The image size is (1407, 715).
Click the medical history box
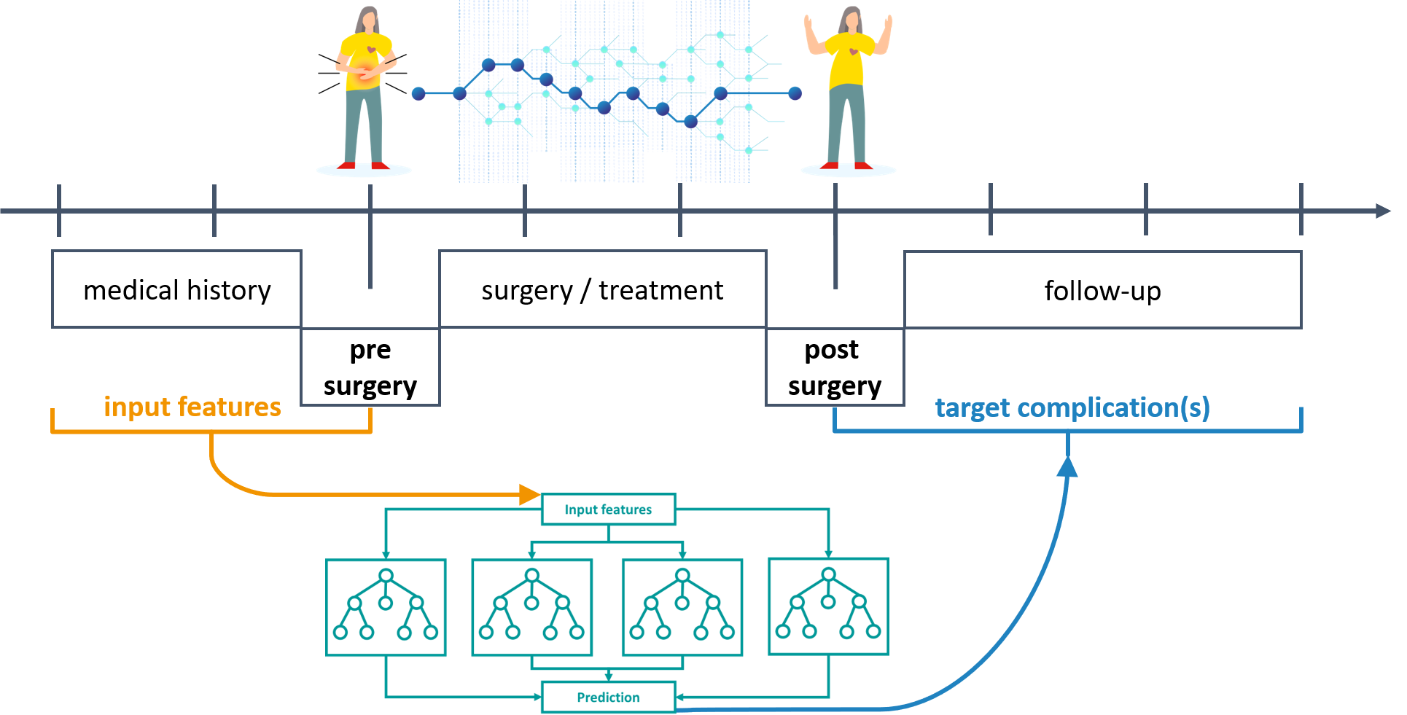[x=176, y=289]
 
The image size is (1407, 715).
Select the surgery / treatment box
[x=602, y=289]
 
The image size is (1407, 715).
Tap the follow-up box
[x=1102, y=290]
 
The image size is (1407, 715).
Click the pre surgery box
[x=370, y=367]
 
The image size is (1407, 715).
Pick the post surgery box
[x=835, y=367]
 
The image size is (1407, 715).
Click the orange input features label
[x=192, y=407]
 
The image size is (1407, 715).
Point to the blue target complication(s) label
[x=1072, y=407]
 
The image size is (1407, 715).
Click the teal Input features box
[x=608, y=509]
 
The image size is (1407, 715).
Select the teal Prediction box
[x=608, y=697]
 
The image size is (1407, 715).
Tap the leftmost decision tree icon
[x=386, y=607]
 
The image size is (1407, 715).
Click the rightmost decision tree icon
[x=828, y=606]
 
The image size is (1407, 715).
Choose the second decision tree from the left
[x=532, y=607]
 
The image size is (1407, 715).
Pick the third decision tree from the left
[x=682, y=607]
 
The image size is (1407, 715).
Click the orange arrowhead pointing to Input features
[x=530, y=494]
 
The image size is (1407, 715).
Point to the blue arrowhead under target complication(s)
[x=1067, y=467]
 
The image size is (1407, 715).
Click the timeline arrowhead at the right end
[x=1383, y=211]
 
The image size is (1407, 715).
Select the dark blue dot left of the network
[x=418, y=93]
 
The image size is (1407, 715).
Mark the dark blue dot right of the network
[x=795, y=93]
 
